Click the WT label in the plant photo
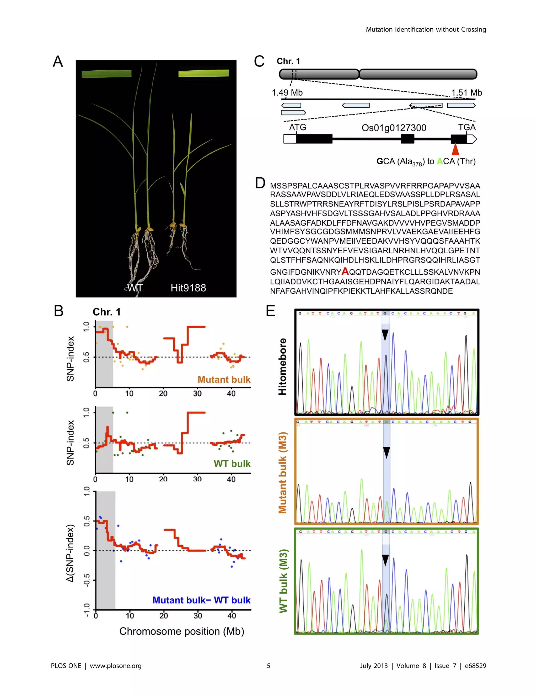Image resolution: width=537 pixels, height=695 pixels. tap(135, 288)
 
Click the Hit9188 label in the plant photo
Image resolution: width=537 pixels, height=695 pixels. tap(188, 288)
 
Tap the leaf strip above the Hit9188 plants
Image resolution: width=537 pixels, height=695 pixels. tap(203, 74)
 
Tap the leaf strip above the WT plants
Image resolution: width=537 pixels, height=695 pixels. tap(106, 74)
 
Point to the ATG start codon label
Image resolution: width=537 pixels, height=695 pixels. tap(297, 127)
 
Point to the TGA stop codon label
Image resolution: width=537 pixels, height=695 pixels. tap(466, 127)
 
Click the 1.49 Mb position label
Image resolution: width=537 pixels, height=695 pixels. tap(287, 93)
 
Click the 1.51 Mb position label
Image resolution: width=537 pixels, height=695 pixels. tap(466, 93)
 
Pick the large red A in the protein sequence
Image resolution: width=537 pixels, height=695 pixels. tap(345, 271)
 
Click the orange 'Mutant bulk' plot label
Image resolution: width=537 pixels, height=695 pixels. tap(224, 379)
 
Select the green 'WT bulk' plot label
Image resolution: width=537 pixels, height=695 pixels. tap(232, 464)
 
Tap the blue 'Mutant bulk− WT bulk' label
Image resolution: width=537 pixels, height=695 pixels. tap(201, 600)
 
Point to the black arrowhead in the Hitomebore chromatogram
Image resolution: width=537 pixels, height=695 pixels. tap(385, 335)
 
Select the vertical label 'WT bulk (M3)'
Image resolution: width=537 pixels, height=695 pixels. tap(283, 581)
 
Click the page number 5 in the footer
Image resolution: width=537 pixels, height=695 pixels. tap(268, 666)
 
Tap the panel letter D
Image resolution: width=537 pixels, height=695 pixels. tap(260, 183)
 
